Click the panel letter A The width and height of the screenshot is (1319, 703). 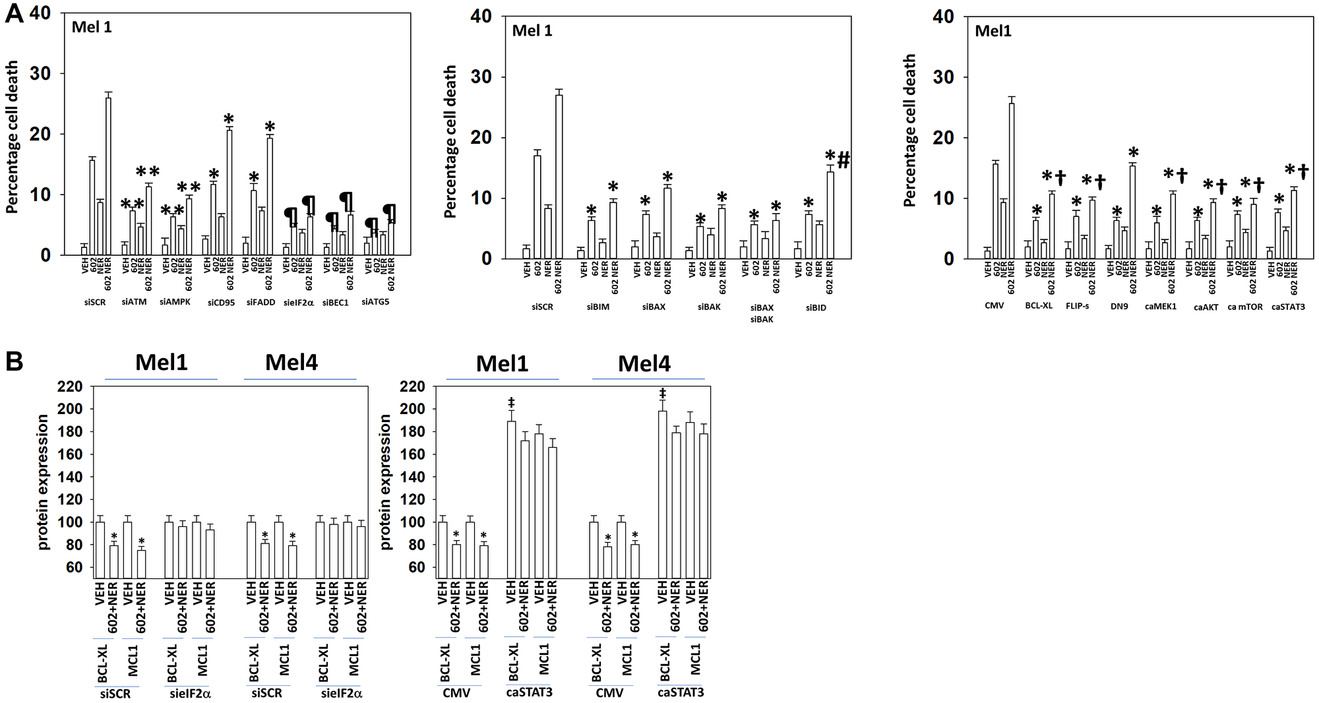coord(15,15)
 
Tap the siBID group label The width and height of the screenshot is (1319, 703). coord(816,307)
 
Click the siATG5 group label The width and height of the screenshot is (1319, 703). coord(375,303)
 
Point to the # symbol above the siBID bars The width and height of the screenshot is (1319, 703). coord(844,160)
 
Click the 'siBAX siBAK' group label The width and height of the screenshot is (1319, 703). coord(762,313)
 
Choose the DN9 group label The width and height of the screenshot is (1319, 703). coord(1119,307)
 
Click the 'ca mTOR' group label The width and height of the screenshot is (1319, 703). coord(1245,307)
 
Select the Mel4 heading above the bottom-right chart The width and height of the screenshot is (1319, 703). coord(644,363)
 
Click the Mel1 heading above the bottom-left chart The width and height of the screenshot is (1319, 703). coord(162,362)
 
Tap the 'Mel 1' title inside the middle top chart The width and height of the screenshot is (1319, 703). coord(532,31)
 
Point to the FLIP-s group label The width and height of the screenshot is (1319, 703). coord(1077,307)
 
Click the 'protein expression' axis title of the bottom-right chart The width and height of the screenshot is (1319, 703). coord(386,481)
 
